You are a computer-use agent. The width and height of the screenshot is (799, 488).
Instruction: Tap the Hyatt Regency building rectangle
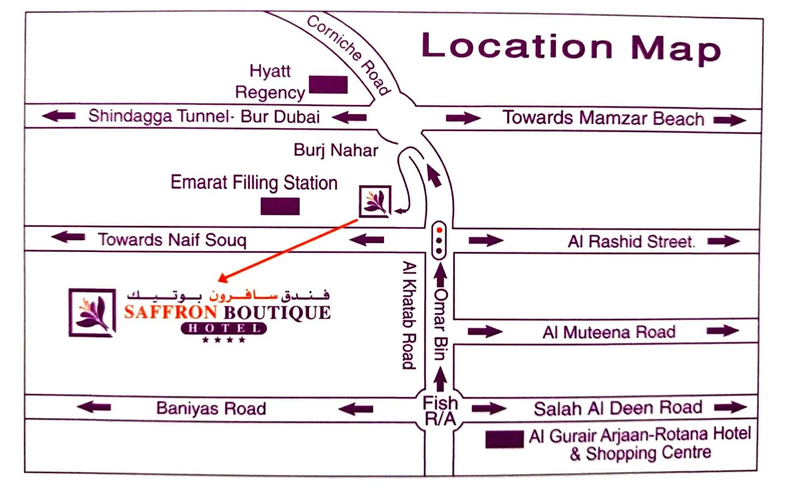pyautogui.click(x=328, y=85)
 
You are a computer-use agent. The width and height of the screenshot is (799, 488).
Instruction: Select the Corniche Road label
pyautogui.click(x=348, y=55)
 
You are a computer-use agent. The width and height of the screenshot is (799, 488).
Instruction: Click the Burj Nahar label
pyautogui.click(x=336, y=150)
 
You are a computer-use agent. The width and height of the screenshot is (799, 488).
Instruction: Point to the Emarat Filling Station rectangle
pyautogui.click(x=280, y=206)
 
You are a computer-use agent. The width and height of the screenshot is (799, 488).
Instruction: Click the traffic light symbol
pyautogui.click(x=439, y=240)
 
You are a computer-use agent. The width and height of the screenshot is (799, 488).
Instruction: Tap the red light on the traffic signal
pyautogui.click(x=439, y=230)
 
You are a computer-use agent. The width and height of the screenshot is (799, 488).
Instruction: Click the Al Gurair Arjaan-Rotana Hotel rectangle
pyautogui.click(x=504, y=439)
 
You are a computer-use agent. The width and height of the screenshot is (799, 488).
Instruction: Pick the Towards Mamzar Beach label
pyautogui.click(x=603, y=118)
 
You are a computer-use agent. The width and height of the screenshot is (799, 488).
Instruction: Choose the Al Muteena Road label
pyautogui.click(x=609, y=332)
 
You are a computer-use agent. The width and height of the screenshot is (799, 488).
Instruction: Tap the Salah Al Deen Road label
pyautogui.click(x=618, y=408)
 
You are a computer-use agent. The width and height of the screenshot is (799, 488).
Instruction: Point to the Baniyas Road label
pyautogui.click(x=211, y=408)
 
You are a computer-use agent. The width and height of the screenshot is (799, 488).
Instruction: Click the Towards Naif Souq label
pyautogui.click(x=172, y=240)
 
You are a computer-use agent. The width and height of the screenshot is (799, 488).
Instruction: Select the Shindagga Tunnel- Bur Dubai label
pyautogui.click(x=204, y=116)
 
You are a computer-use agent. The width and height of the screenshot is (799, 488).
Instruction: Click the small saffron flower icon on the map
pyautogui.click(x=375, y=202)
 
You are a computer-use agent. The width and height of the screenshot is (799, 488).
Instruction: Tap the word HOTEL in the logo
pyautogui.click(x=224, y=328)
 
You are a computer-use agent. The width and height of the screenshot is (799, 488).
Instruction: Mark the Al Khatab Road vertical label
pyautogui.click(x=409, y=315)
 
